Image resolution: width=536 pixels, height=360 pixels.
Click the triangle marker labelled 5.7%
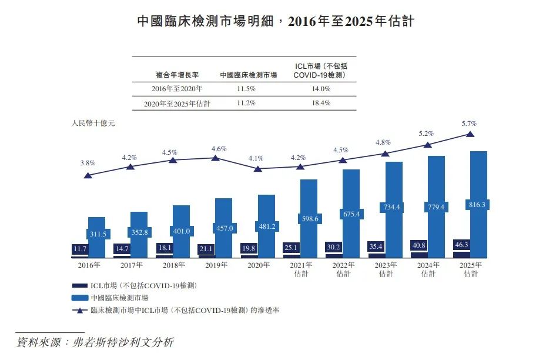pyautogui.click(x=470, y=134)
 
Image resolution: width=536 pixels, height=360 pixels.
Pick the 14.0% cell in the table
pyautogui.click(x=320, y=89)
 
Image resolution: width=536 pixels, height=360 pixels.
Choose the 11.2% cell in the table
pyautogui.click(x=246, y=103)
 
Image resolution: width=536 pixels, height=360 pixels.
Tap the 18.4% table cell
pyautogui.click(x=320, y=103)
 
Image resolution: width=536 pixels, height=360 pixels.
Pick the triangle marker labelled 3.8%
pyautogui.click(x=88, y=175)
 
